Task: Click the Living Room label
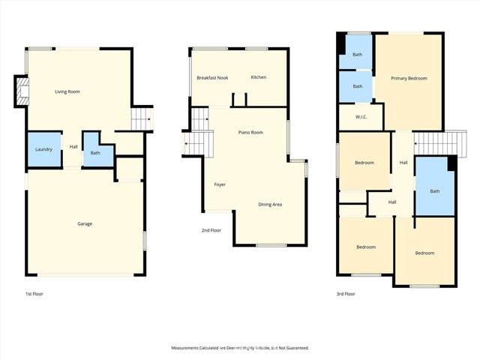(x=67, y=91)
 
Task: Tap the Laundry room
(x=43, y=149)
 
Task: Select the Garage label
(x=85, y=223)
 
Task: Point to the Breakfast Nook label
(x=212, y=78)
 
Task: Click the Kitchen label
(x=259, y=77)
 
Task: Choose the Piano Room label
(x=250, y=132)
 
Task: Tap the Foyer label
(x=220, y=184)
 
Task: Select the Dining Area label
(x=270, y=204)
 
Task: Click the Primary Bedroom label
(x=409, y=78)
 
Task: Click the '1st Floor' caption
(x=34, y=294)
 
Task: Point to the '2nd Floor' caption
(x=211, y=230)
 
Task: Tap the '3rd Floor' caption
(x=346, y=294)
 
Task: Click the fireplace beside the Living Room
(x=21, y=93)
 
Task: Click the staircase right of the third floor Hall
(x=430, y=142)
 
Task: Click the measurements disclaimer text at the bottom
(x=240, y=348)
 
